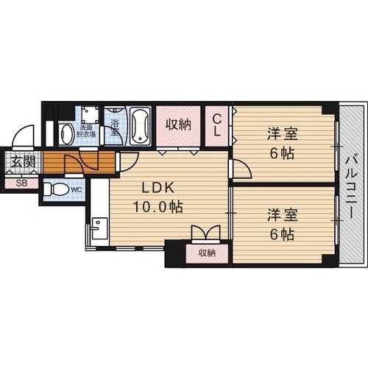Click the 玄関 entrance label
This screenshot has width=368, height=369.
tap(21, 162)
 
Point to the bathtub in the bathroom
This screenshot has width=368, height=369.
tap(139, 127)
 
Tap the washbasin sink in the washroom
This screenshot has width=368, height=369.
tap(66, 133)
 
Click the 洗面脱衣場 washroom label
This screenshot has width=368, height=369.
tap(88, 132)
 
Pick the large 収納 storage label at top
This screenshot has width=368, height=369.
tap(177, 124)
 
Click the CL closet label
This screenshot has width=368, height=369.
tap(218, 124)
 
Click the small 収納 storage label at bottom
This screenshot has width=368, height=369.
tap(206, 253)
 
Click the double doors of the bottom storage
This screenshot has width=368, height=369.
tap(205, 233)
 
